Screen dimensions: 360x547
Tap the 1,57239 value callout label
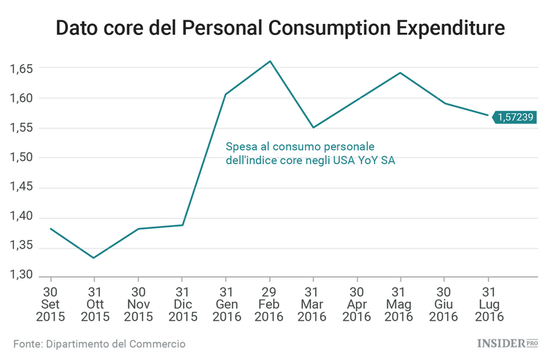(x=516, y=117)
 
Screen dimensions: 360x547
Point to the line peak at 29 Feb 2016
(x=270, y=61)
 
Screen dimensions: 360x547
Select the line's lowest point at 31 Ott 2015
(x=93, y=257)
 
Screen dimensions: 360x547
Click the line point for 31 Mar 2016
(x=313, y=128)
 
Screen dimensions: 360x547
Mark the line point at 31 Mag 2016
(x=400, y=73)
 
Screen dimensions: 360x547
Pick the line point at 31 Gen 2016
(x=225, y=94)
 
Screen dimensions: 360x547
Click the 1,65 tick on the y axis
(x=22, y=69)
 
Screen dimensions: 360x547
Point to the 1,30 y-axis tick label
(x=22, y=275)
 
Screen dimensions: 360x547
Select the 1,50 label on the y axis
(x=22, y=157)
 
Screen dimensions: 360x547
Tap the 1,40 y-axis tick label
(x=22, y=216)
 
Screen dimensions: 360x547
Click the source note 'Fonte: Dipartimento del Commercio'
(x=99, y=343)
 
